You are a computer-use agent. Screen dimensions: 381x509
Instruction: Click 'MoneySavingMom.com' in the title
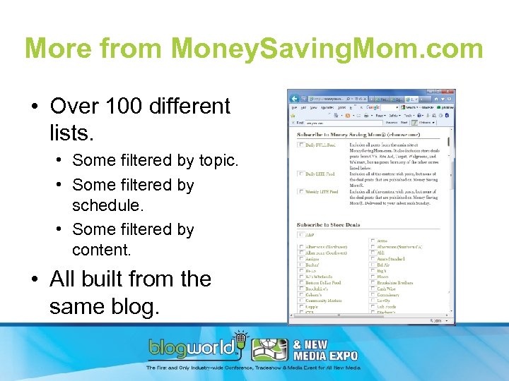(x=327, y=49)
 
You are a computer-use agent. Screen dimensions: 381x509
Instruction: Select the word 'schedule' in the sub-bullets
(x=106, y=205)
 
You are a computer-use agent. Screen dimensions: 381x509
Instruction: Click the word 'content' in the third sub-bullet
(x=101, y=250)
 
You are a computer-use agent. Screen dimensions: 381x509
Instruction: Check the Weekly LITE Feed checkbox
(x=301, y=192)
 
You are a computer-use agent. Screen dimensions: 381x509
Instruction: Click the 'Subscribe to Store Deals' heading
(x=329, y=225)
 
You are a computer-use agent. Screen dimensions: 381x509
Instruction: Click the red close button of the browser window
(x=450, y=93)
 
